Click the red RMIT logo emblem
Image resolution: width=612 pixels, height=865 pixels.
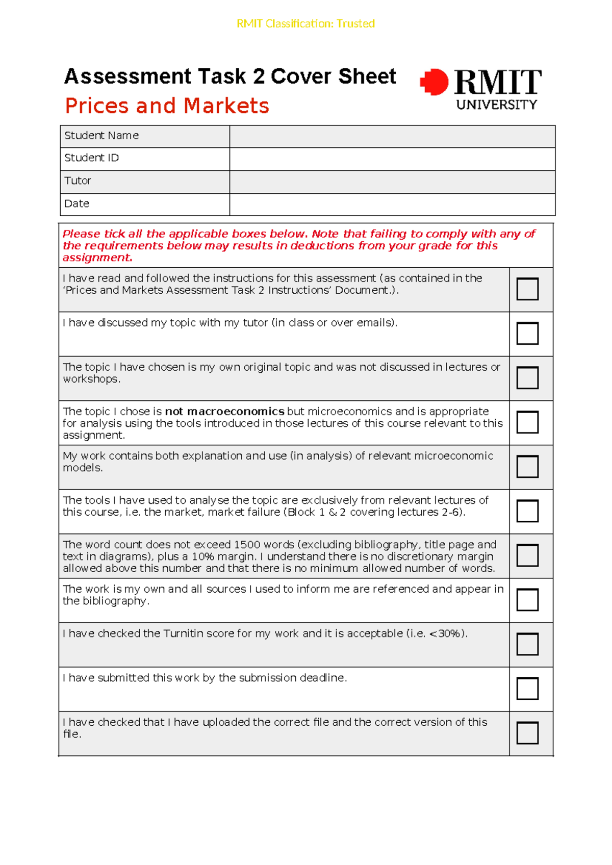(434, 82)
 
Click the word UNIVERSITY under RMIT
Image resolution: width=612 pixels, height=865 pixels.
(496, 105)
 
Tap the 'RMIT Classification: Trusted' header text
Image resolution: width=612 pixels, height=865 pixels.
(305, 23)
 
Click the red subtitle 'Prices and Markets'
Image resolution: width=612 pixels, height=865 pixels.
(167, 106)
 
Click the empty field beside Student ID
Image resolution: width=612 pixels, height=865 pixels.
(392, 159)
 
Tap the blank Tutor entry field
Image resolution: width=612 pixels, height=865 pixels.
(392, 182)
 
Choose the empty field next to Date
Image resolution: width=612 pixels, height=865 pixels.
(392, 205)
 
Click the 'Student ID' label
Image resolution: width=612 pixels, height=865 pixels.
(91, 158)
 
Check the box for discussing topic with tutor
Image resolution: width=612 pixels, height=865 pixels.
(527, 334)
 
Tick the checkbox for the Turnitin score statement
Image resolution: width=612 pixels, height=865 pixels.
(527, 644)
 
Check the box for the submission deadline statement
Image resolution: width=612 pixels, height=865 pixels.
(527, 689)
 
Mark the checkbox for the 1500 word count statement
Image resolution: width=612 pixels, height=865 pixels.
(527, 555)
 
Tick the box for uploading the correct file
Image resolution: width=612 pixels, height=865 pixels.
(527, 733)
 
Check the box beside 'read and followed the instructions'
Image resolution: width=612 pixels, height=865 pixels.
(527, 289)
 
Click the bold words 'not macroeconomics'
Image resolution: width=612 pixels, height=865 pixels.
(224, 412)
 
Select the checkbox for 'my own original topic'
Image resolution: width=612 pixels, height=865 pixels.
(527, 378)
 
